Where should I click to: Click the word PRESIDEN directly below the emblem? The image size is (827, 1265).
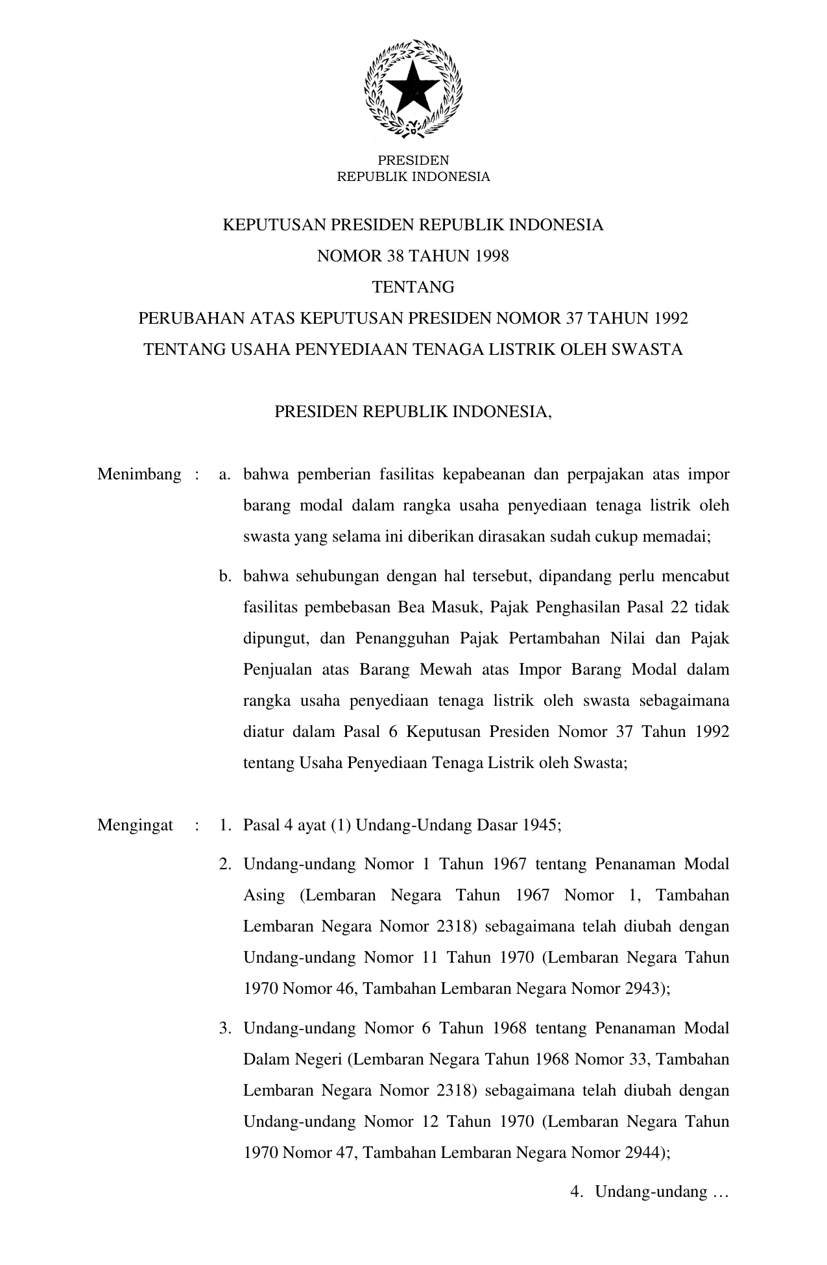coord(413,160)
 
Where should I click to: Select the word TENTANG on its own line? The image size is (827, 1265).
coord(413,287)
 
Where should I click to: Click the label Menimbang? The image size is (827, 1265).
coord(139,474)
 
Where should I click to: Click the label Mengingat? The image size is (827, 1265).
coord(135,825)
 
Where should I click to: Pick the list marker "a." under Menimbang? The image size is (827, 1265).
coord(225,474)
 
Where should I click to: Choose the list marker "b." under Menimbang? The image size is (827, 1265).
coord(225,576)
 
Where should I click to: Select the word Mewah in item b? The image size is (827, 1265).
coord(446,669)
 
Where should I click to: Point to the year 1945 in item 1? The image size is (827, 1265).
coord(542,825)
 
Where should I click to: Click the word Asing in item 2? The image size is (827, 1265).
coord(263,895)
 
